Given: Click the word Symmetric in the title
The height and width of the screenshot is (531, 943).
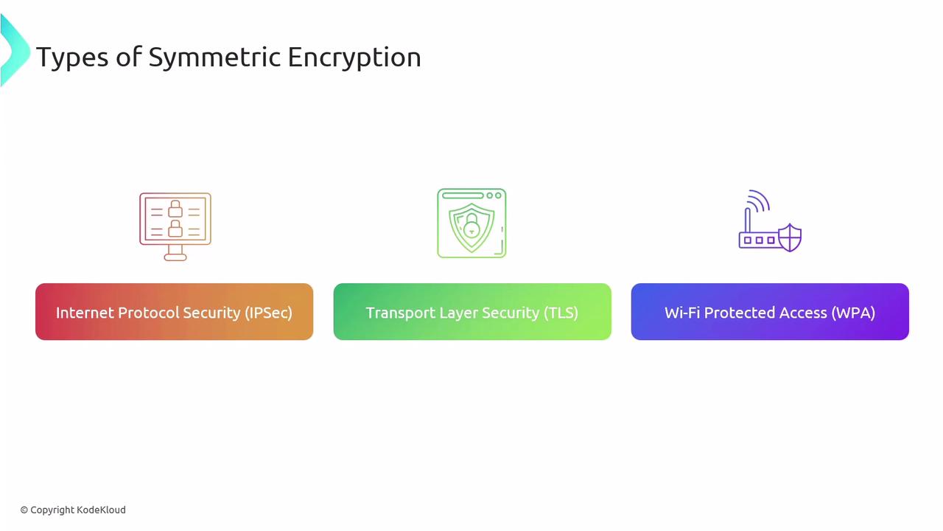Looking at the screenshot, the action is coord(214,58).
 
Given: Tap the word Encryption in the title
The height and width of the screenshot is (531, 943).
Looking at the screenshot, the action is coord(354,58).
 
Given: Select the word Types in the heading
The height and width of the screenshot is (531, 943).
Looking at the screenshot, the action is coord(72,58).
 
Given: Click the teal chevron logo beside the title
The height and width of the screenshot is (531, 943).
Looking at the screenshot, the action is coord(15,49).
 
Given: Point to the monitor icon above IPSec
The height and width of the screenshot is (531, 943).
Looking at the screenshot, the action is coord(175,226).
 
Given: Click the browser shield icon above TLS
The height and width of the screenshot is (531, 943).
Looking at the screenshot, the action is coord(471,223).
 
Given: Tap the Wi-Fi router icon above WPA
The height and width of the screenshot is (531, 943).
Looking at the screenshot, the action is coord(770,221).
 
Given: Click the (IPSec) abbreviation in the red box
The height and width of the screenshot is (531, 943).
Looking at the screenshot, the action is coord(269,313).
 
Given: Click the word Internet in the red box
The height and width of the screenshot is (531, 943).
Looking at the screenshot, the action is coord(85,313).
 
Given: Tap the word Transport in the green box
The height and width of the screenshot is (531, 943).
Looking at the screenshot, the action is coord(400,313).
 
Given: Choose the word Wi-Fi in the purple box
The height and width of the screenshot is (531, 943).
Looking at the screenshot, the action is coord(682,313).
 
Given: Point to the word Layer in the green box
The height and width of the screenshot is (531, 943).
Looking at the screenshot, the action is coord(458,313).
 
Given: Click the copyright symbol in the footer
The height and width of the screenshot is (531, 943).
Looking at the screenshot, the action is coord(24,510).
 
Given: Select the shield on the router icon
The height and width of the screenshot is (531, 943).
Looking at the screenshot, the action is coord(790,237).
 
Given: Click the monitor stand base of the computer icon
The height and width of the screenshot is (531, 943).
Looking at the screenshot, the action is coord(175,257).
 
